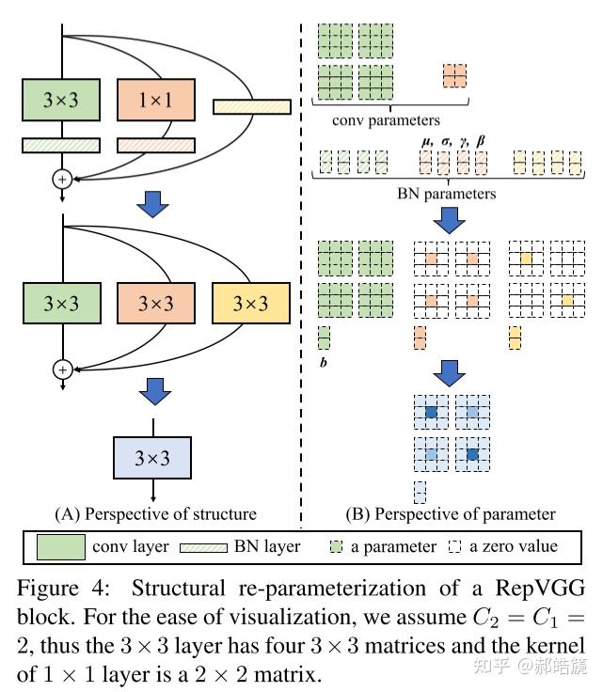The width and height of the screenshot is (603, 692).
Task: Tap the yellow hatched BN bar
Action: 251,107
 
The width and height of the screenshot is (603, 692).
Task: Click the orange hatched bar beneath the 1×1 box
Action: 156,145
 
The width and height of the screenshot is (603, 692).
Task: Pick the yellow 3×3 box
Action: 251,305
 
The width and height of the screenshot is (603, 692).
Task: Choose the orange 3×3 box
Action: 156,305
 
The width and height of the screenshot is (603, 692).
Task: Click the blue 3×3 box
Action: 152,460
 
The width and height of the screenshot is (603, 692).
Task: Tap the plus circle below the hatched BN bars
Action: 63,177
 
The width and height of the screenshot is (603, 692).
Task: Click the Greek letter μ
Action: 424,141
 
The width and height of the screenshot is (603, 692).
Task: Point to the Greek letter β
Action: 481,141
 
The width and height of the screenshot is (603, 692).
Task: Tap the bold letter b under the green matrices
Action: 324,359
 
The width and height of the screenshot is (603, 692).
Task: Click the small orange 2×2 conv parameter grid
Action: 454,75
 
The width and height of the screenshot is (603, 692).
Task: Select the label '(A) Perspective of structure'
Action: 155,513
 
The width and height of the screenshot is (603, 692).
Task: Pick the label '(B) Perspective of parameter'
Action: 451,513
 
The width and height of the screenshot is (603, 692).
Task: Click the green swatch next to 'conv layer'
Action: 62,546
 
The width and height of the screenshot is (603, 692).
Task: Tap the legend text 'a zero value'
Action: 516,546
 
